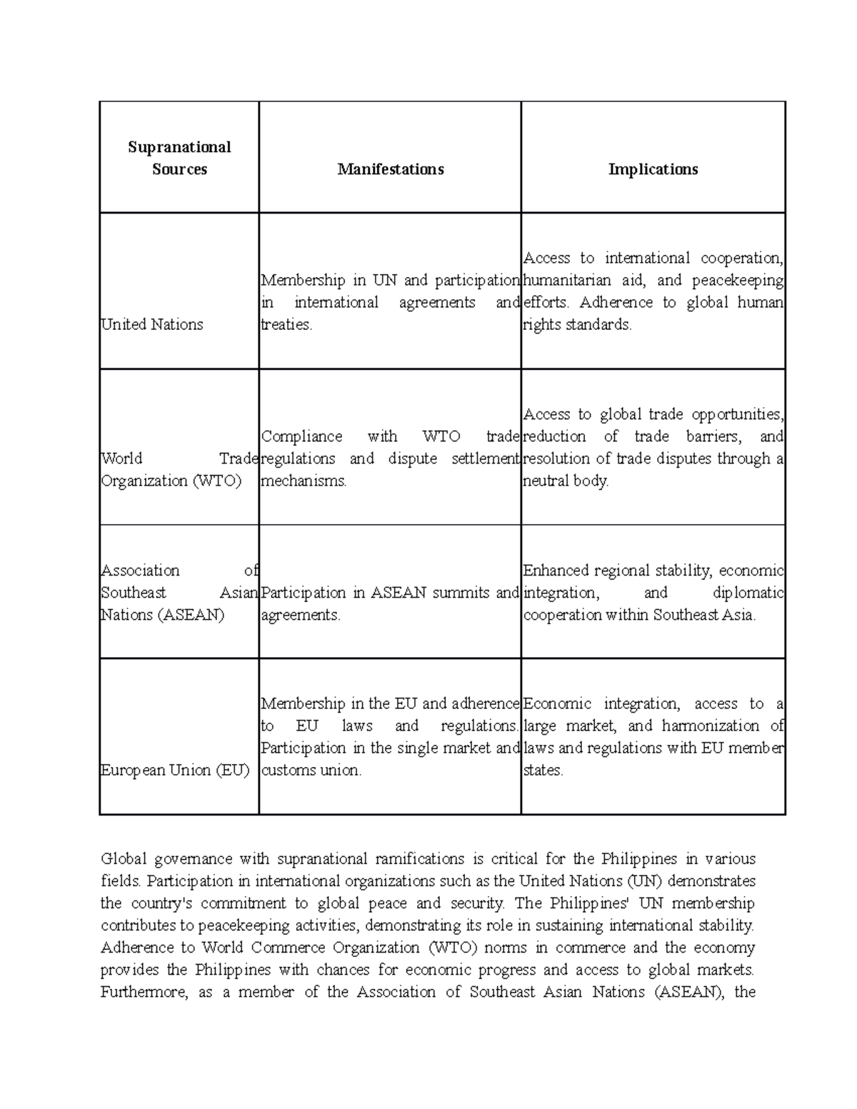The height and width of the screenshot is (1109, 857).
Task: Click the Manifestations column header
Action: click(x=390, y=169)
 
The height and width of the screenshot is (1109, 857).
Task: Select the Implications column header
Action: click(x=653, y=169)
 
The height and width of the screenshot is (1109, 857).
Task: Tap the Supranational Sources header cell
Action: click(x=179, y=158)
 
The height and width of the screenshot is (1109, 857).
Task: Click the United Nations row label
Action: click(x=152, y=324)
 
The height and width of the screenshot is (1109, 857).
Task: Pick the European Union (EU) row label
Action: click(x=175, y=770)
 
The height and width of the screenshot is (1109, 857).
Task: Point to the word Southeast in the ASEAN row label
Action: click(x=134, y=593)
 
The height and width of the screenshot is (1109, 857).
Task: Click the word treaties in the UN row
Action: click(x=286, y=324)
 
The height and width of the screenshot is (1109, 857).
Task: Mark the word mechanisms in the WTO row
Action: click(x=304, y=481)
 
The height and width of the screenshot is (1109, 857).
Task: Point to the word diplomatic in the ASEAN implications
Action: click(x=748, y=593)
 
